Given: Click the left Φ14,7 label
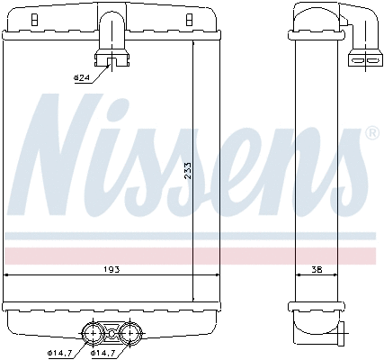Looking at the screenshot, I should pyautogui.click(x=59, y=351).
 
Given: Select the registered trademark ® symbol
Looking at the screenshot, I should pyautogui.click(x=371, y=133).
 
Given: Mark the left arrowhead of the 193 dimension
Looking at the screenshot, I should pyautogui.click(x=8, y=274).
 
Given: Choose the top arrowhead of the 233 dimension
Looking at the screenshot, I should pyautogui.click(x=193, y=44).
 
